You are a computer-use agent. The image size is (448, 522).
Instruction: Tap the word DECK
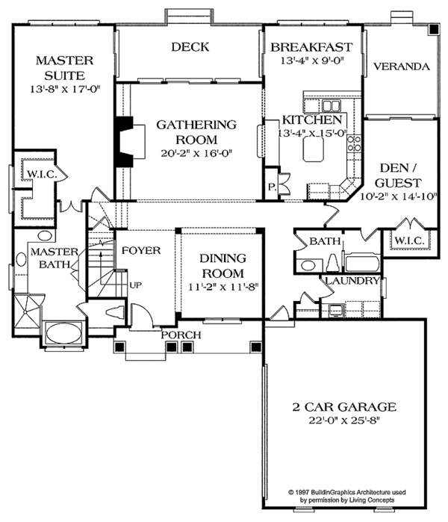coord(190,47)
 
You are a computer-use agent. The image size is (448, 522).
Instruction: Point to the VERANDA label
coord(402,66)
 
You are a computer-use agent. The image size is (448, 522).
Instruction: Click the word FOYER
coord(141,250)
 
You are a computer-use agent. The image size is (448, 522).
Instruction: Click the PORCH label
coord(181,335)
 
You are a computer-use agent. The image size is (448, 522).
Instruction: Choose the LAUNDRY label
coord(351,281)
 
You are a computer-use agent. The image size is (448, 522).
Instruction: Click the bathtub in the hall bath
coord(361,264)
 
